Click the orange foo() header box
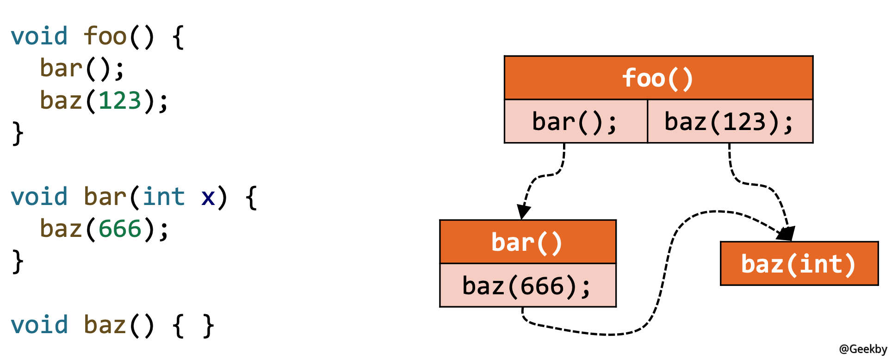point(658,78)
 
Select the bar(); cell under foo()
point(575,122)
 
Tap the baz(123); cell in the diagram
point(730,122)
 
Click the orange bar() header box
point(527,242)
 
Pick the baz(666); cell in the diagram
point(527,286)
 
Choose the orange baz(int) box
point(799,264)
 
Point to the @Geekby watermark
point(863,349)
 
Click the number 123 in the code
point(120,100)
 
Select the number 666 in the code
point(120,229)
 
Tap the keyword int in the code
point(163,197)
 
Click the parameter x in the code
point(208,198)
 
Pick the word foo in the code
point(105,36)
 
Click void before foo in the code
point(39,36)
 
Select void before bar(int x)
point(39,197)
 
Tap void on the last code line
point(39,325)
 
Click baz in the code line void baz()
point(105,325)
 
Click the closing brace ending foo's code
point(18,133)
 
